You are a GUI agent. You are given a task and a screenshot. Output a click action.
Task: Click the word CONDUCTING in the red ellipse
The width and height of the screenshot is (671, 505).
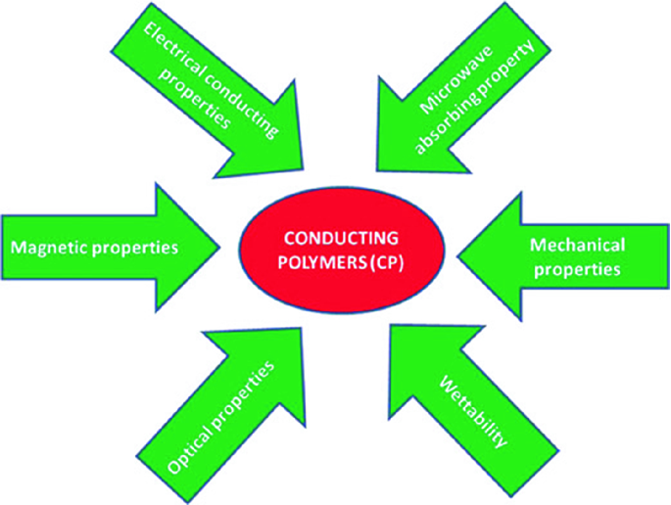(341, 238)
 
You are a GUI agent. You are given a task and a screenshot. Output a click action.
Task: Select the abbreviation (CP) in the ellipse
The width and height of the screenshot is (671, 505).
(386, 262)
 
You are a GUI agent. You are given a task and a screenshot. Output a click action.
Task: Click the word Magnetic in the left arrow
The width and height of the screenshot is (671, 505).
(50, 248)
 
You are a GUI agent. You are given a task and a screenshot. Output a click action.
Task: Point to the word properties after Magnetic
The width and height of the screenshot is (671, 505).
(135, 248)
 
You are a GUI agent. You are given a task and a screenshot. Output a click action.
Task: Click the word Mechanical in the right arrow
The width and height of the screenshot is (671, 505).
(577, 245)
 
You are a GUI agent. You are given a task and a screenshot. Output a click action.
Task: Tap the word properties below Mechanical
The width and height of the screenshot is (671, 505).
(577, 270)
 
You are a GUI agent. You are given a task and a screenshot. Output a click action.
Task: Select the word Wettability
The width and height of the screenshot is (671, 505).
(474, 412)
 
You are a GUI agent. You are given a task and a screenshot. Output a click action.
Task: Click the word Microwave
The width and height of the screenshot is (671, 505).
(457, 79)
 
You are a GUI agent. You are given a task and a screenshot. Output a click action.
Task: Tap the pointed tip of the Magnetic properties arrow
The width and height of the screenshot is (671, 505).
(219, 247)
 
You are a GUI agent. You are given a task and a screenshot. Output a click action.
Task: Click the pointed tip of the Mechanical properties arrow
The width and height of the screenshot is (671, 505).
(457, 257)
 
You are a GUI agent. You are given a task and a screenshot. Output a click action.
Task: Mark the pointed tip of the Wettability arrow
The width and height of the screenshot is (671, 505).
(391, 325)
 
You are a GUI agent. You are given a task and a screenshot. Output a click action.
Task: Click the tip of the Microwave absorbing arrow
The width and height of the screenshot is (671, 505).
(377, 170)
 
